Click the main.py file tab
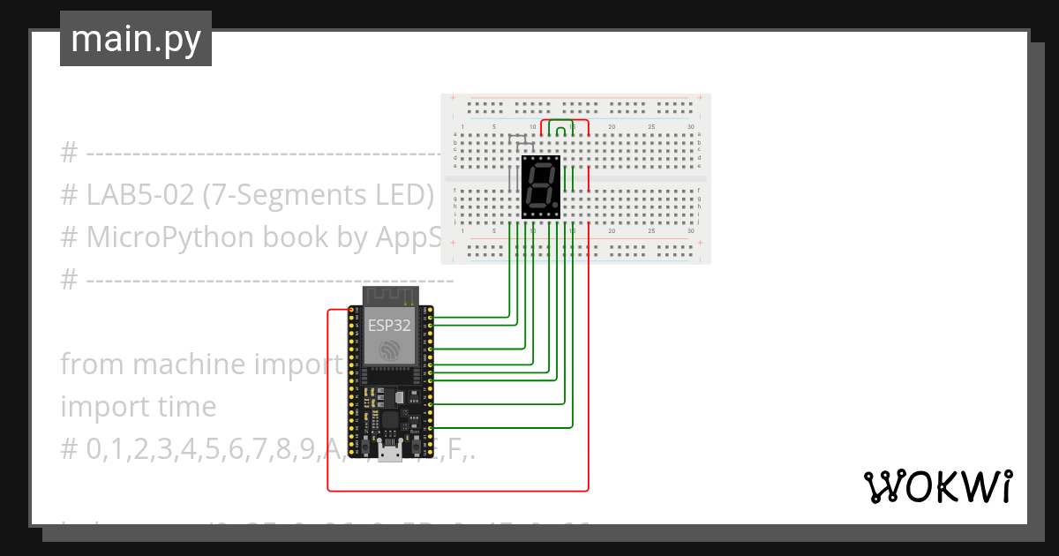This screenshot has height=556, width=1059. tap(135, 39)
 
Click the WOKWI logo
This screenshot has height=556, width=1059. tap(936, 486)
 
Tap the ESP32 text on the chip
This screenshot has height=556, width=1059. tap(389, 325)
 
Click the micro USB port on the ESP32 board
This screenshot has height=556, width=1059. tap(389, 454)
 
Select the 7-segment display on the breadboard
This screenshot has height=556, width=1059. tap(541, 187)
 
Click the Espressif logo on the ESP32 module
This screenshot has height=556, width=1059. tap(389, 351)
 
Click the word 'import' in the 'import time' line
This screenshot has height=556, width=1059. tap(96, 407)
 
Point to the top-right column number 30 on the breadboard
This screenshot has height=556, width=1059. tap(690, 128)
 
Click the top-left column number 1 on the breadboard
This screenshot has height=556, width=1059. tap(463, 128)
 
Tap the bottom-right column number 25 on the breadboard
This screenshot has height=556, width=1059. tap(651, 231)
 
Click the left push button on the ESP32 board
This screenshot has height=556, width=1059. tap(363, 445)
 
